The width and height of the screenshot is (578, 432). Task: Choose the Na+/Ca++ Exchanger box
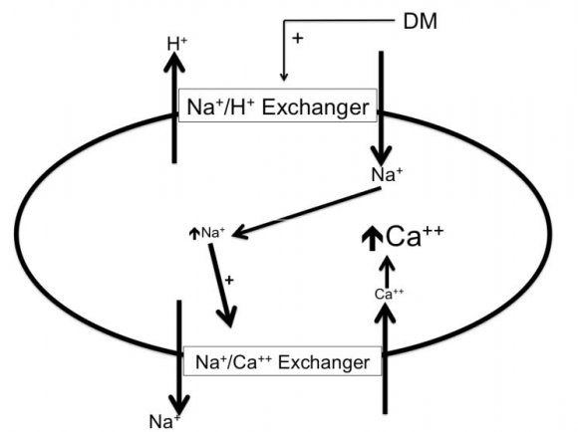tap(283, 360)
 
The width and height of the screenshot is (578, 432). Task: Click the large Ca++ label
tap(403, 237)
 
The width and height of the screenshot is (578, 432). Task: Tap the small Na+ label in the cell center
tap(213, 233)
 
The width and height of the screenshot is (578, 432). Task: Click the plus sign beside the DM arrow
tap(296, 38)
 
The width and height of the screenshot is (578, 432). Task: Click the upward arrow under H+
tap(175, 100)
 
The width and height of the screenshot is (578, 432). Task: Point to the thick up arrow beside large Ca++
tap(370, 239)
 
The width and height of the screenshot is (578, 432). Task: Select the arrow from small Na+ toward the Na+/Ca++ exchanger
tap(221, 285)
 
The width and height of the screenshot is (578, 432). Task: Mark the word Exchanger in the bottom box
tap(330, 360)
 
